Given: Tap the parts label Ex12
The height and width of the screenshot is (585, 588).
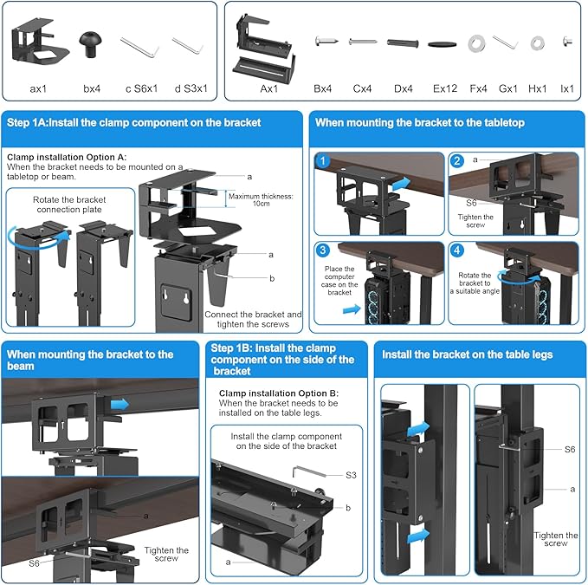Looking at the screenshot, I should click(x=445, y=88).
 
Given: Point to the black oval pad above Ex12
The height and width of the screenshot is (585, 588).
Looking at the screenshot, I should click(x=443, y=42).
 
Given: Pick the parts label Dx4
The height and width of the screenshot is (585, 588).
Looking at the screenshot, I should click(x=404, y=88).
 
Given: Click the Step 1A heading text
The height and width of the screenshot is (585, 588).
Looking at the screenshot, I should click(x=133, y=123).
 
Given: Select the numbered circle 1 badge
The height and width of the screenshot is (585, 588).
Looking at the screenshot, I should click(x=322, y=161).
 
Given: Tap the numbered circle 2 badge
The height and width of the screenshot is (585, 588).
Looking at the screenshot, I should click(x=457, y=161).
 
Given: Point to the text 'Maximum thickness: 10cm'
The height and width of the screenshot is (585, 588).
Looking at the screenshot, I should click(x=261, y=200).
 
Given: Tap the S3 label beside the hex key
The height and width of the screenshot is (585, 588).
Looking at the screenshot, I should click(x=352, y=475).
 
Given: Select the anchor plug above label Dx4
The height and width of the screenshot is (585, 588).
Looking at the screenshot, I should click(x=404, y=42).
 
